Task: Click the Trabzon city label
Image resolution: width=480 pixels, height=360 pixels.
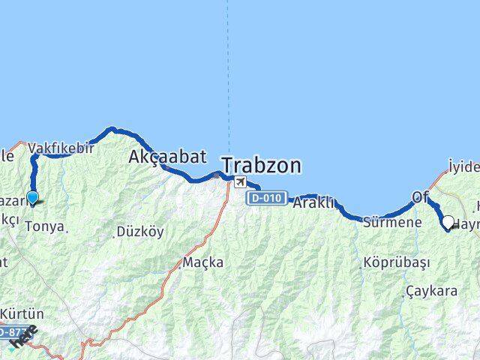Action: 260,165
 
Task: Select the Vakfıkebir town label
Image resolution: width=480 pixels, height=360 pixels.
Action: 61,148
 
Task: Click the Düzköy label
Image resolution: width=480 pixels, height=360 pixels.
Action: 139,232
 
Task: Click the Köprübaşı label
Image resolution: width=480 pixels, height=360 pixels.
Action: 385,262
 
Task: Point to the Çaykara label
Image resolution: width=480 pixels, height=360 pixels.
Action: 430,291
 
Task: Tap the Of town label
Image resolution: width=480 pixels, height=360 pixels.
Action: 419,197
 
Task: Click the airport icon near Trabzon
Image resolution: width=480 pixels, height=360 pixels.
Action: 239,182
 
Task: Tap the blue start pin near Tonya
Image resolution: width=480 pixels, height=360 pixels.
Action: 32,198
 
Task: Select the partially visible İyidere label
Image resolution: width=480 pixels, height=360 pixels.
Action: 463,166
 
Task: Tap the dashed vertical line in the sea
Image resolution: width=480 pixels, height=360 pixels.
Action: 228,75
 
